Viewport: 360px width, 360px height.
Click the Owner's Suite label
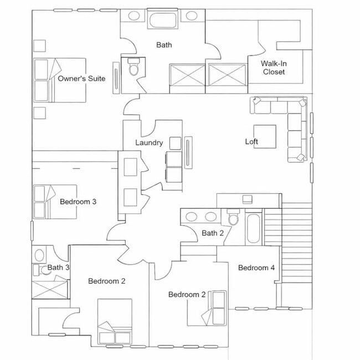click(81, 79)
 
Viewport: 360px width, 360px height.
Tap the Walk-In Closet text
click(274, 68)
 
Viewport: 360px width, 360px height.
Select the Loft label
click(251, 142)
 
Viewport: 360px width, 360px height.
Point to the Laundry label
click(149, 143)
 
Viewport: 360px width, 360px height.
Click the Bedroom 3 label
click(78, 202)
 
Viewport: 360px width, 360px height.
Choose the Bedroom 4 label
click(256, 268)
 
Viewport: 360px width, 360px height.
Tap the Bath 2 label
click(213, 233)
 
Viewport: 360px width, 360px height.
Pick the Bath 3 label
click(58, 268)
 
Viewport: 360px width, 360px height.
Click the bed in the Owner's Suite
click(58, 80)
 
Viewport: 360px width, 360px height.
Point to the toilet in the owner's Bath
click(133, 69)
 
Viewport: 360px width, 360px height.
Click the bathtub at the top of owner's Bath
click(163, 21)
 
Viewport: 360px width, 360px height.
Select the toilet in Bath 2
click(233, 218)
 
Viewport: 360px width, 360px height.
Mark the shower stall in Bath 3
click(50, 289)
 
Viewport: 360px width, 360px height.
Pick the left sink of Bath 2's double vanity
click(192, 217)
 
